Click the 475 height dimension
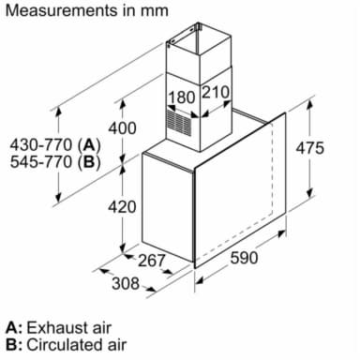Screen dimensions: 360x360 [310, 148]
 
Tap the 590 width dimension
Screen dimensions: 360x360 [244, 258]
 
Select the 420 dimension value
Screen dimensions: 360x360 [122, 207]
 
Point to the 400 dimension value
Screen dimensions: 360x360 [122, 128]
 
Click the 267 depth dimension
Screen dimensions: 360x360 [151, 261]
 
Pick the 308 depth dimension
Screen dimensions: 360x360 [126, 283]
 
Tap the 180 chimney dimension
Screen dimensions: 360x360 [182, 97]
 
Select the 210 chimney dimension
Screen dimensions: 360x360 [216, 92]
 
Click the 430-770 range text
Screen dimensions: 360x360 [41, 145]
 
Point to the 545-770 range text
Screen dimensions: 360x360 [41, 162]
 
